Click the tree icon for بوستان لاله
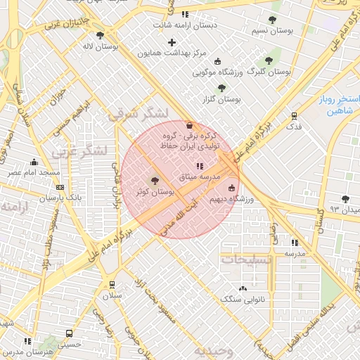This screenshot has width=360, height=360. click(100, 34)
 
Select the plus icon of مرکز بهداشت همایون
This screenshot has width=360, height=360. click(172, 43)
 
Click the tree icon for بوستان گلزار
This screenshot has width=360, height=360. click(222, 88)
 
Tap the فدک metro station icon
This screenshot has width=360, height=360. click(294, 116)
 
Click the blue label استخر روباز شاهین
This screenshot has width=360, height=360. click(338, 105)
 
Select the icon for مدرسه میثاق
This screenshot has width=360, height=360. click(199, 166)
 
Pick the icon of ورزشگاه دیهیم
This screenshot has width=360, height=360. click(232, 188)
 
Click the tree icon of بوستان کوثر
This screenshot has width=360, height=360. click(155, 181)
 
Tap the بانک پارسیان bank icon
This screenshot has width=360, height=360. click(60, 188)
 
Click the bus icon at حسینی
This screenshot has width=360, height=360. click(69, 333)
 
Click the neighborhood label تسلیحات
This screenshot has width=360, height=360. click(246, 260)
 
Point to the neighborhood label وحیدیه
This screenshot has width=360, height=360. click(213, 350)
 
